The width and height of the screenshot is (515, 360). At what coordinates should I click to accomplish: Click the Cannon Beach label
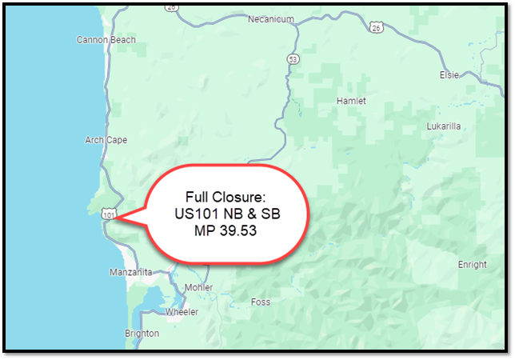point(106,39)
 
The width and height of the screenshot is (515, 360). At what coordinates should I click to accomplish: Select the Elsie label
point(449,74)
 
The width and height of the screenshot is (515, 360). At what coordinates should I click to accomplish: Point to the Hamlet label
point(351,102)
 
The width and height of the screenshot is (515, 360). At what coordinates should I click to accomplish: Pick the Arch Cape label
point(106,140)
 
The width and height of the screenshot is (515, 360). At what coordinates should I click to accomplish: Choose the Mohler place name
point(198,287)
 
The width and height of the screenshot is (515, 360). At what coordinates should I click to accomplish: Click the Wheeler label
point(182,312)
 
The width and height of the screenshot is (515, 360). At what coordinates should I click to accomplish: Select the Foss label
point(261,302)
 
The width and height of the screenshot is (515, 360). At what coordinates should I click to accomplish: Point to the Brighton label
point(142,334)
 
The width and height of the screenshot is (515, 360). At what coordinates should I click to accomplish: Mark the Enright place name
point(471,264)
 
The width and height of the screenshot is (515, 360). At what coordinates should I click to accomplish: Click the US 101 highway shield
point(109,214)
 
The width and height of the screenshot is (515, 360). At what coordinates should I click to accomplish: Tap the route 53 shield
point(293,59)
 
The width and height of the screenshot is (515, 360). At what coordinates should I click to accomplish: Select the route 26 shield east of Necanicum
point(376,28)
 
